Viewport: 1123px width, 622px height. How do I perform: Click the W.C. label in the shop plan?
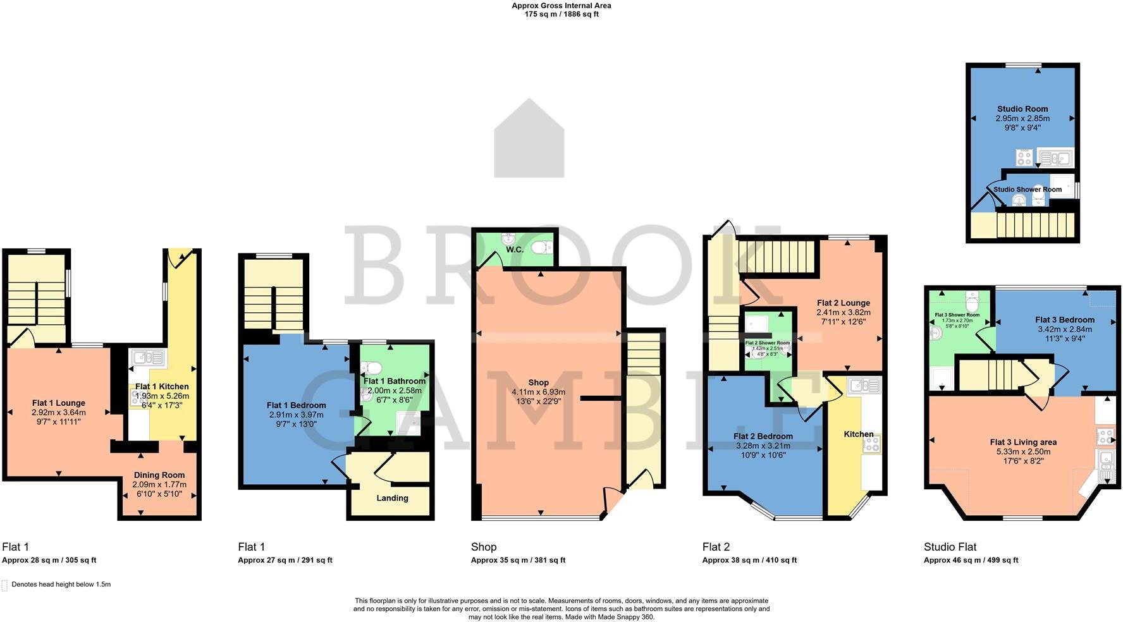514,250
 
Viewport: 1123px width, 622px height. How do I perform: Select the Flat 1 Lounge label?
58,403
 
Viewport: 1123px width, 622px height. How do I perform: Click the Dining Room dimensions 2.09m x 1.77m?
159,484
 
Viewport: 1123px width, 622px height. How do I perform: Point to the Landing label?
392,498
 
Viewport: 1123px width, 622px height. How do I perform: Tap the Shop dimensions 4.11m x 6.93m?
538,392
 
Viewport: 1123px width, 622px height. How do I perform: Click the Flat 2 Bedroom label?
763,436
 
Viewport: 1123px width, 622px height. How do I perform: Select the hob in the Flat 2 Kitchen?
871,443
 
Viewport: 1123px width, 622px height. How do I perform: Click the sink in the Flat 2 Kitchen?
864,384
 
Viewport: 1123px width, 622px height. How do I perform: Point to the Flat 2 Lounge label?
843,303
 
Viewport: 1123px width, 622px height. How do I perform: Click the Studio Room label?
1022,109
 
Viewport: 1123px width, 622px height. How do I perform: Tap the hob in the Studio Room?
1023,157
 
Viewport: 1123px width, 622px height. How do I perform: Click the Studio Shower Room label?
1028,189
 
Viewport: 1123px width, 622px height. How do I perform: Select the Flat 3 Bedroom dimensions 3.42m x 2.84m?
1065,329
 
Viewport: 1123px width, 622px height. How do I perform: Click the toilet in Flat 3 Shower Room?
973,298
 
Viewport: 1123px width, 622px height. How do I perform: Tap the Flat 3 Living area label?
1023,442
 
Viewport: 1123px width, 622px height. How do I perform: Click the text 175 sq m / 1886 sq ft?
561,14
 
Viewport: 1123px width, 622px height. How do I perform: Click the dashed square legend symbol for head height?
4,585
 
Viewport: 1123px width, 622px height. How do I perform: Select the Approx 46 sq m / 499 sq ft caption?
971,560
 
